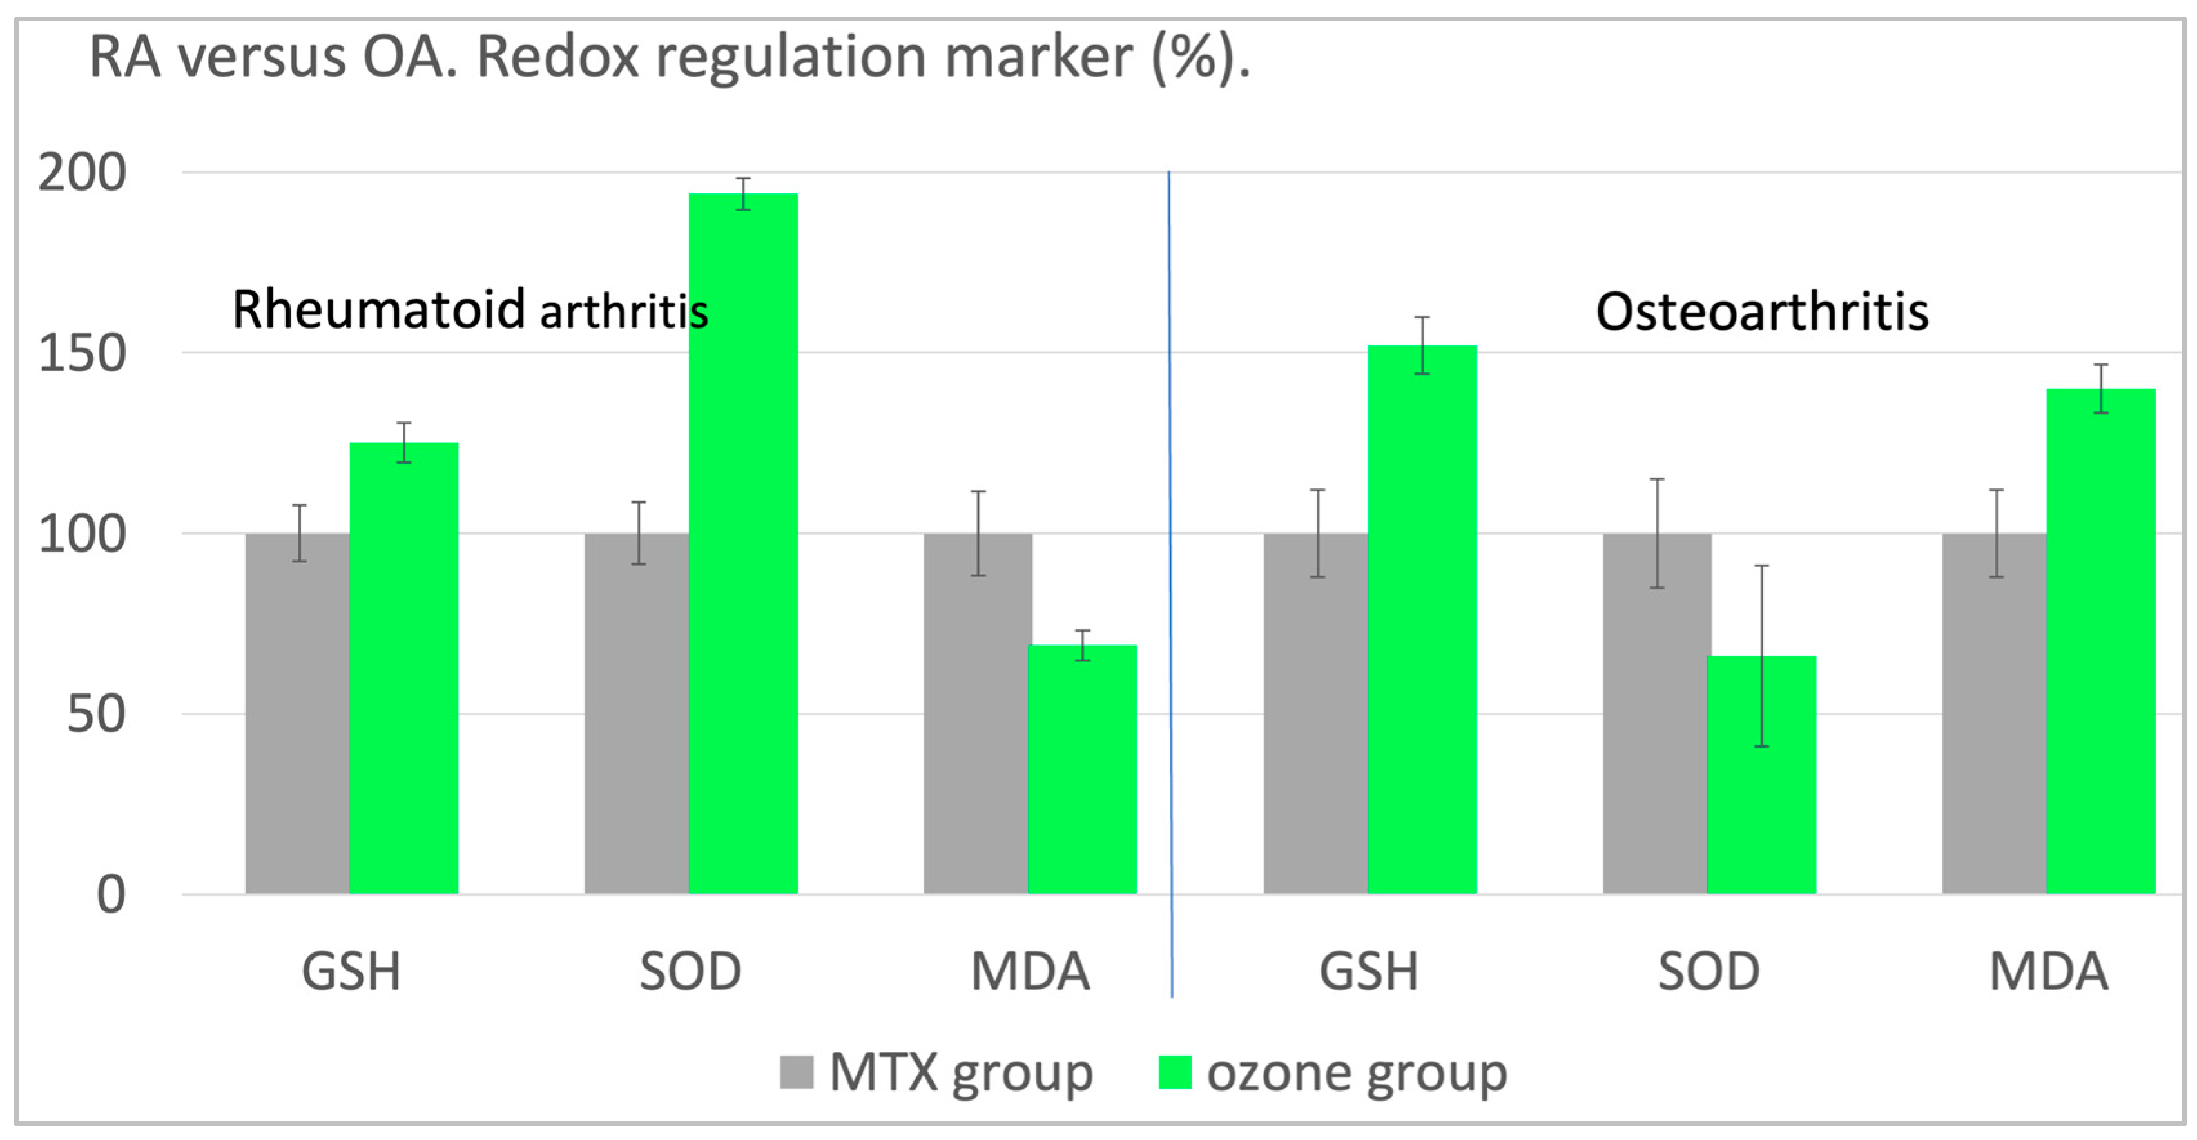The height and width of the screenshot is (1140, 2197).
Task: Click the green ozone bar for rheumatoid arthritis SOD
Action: point(743,546)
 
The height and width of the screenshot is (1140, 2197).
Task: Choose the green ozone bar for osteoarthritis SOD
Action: point(1761,776)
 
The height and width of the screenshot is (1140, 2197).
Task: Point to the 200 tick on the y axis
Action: point(82,173)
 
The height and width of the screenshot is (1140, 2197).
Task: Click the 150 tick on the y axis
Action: point(82,354)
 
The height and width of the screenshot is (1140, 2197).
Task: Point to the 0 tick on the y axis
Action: point(111,895)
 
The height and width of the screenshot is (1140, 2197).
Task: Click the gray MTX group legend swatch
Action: point(796,1072)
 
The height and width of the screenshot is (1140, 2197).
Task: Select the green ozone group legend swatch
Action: point(1174,1072)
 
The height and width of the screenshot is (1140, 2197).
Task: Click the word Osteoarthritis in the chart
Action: point(1761,311)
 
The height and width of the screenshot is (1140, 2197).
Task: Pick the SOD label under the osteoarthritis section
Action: point(1708,972)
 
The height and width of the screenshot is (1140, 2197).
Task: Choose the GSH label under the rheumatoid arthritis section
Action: point(351,972)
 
